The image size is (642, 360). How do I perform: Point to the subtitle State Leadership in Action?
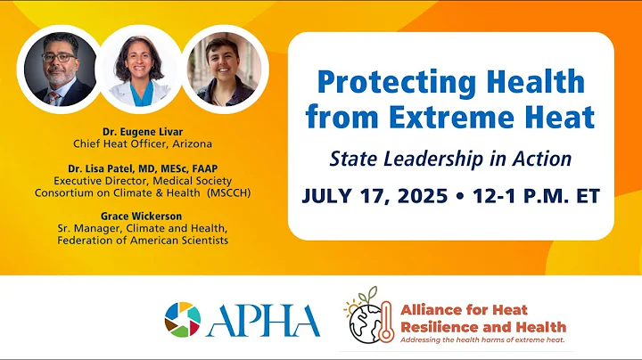point(450,158)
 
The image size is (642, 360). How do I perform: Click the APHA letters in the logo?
point(264,320)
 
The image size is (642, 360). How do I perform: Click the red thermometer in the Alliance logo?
point(385,323)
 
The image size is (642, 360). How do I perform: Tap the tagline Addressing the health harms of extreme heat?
point(481,340)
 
